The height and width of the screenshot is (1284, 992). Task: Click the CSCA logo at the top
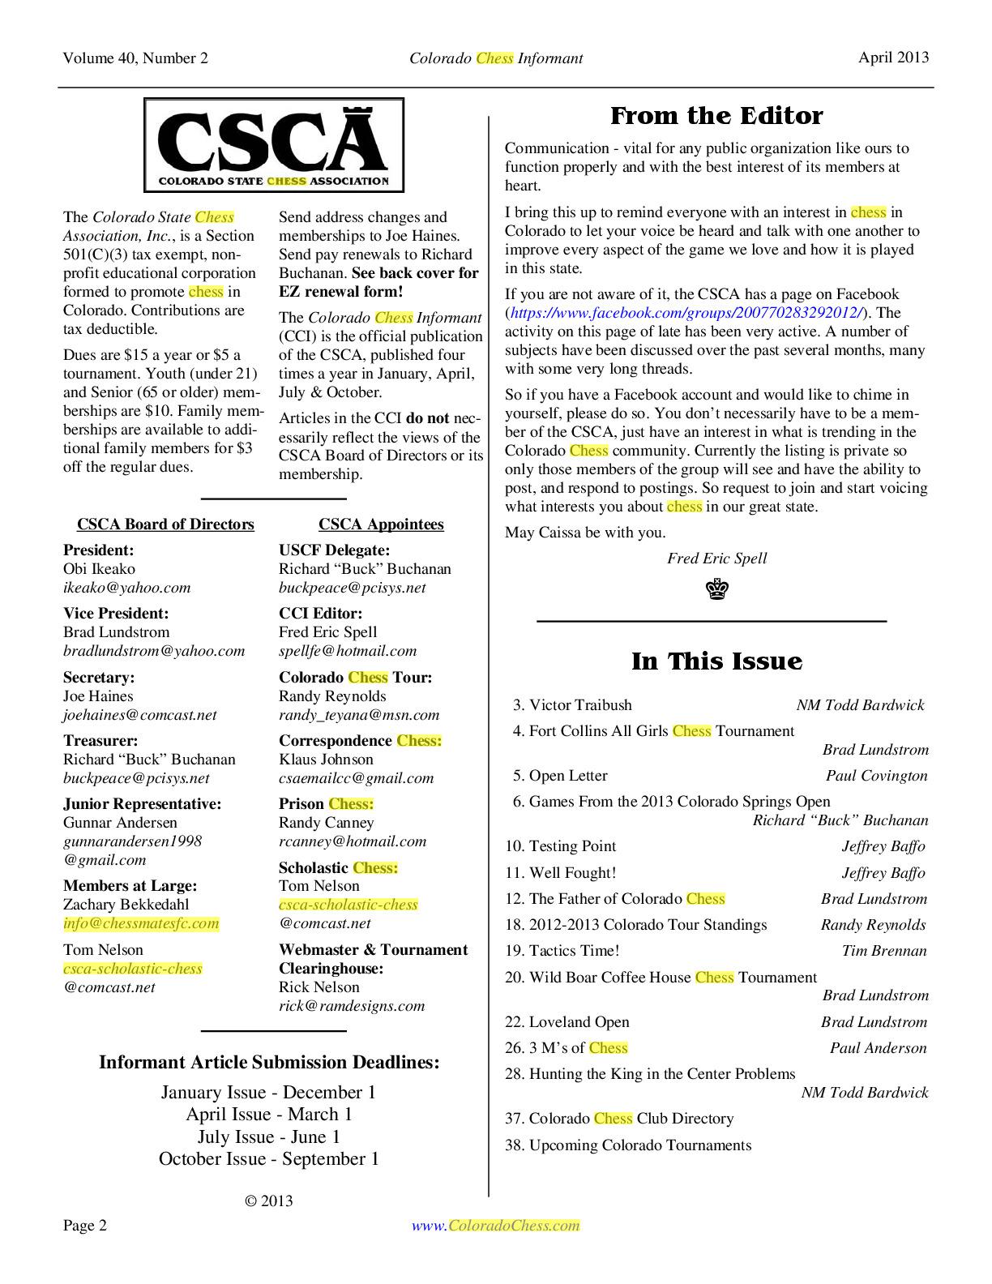[274, 145]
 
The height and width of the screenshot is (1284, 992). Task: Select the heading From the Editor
[716, 116]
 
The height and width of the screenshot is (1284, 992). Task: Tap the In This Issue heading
[716, 661]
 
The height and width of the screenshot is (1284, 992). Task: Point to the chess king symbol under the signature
[717, 589]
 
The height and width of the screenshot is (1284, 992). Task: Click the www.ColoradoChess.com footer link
[496, 1226]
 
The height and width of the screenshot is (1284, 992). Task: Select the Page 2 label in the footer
[85, 1226]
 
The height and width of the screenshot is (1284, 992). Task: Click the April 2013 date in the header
[894, 58]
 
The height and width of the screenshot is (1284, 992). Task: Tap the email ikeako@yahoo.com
[126, 588]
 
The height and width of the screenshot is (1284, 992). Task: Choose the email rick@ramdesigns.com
[352, 1006]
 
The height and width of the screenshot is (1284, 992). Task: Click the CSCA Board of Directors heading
[165, 524]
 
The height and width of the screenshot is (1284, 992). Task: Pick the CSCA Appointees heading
[381, 524]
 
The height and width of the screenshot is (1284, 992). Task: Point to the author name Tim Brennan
[884, 951]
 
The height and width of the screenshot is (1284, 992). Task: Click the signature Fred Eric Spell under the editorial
[716, 559]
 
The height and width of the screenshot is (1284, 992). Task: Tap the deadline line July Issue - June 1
[268, 1137]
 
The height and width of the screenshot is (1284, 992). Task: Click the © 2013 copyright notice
[268, 1201]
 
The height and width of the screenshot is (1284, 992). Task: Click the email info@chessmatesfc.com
[141, 923]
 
